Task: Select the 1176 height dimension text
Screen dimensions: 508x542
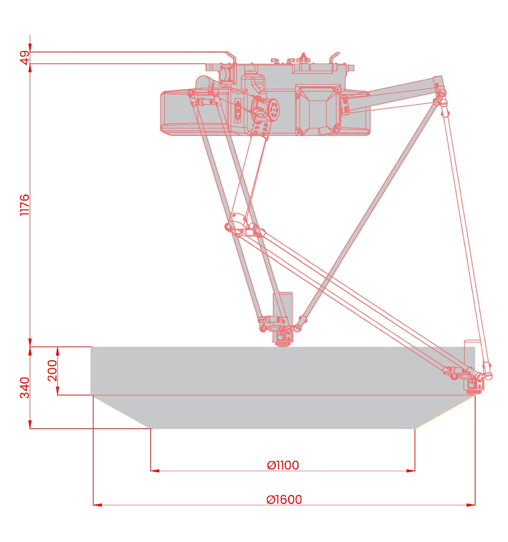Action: pos(25,205)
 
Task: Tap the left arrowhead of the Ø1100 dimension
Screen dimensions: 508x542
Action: pos(155,471)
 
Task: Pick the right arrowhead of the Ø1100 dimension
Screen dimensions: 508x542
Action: pos(410,471)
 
